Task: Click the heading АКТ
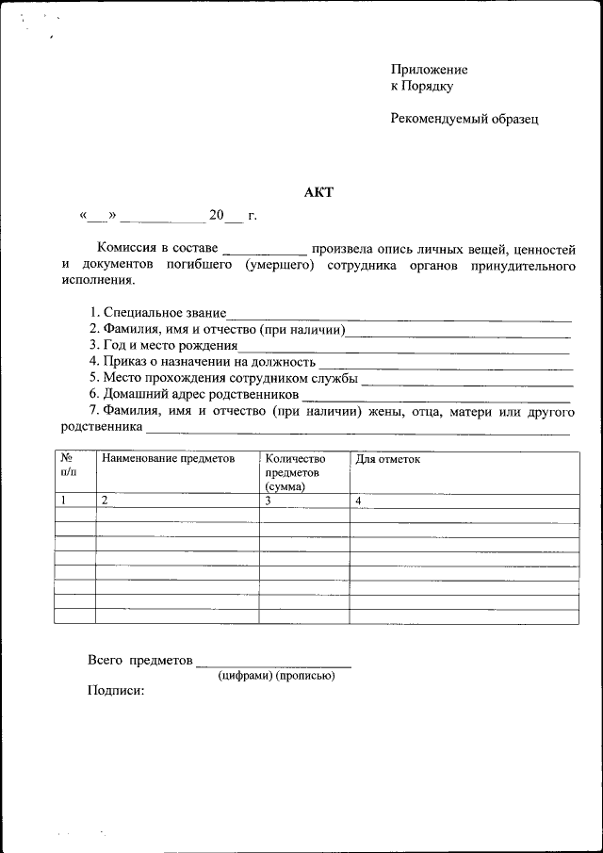(x=318, y=192)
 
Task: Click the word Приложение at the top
(x=429, y=70)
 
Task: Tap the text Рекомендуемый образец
(x=464, y=119)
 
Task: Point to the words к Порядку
(x=422, y=86)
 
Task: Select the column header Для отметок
(x=387, y=458)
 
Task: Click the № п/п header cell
(x=68, y=465)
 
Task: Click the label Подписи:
(x=116, y=691)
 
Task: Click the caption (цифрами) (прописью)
(x=275, y=676)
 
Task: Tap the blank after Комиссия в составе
(x=265, y=252)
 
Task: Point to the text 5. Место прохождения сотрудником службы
(x=223, y=378)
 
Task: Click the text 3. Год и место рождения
(x=163, y=346)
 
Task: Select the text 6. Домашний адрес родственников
(x=194, y=394)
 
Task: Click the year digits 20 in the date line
(x=217, y=216)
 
